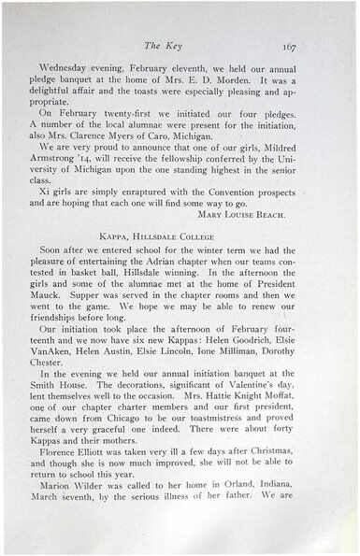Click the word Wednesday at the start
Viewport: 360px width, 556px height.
point(71,69)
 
